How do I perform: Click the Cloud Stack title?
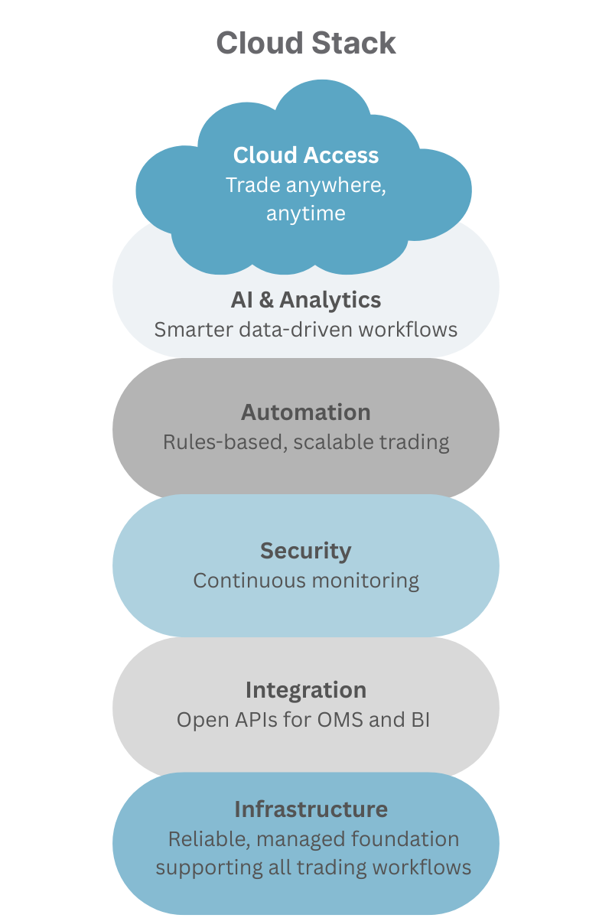click(306, 43)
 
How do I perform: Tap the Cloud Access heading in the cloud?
click(306, 155)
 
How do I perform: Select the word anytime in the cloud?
click(306, 213)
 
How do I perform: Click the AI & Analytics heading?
click(306, 300)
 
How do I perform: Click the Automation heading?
click(306, 412)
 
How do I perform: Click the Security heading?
click(306, 551)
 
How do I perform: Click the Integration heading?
click(306, 690)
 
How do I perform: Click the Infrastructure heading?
click(311, 809)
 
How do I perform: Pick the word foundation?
click(405, 839)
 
